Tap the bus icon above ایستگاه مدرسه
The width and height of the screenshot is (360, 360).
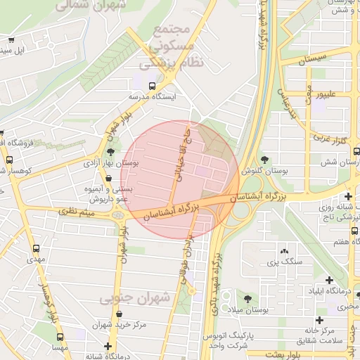point(152,86)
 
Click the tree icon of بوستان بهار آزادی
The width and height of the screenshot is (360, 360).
point(110,151)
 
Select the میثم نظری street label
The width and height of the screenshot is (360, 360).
point(76,210)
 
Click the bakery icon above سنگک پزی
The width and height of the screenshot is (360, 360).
point(284,251)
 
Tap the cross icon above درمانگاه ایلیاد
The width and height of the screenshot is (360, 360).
point(329,280)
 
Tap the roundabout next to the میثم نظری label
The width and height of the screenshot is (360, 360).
point(115,214)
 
